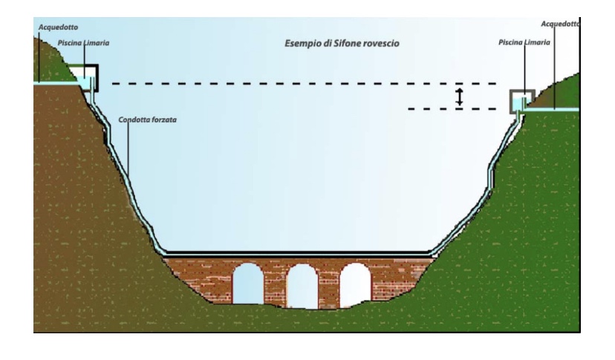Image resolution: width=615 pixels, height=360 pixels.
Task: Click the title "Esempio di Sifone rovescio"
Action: [342, 44]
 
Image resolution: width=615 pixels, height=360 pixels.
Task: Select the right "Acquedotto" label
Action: [561, 24]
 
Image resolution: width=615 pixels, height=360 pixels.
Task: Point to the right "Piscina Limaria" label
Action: [524, 44]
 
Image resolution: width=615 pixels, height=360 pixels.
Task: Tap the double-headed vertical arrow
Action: [460, 96]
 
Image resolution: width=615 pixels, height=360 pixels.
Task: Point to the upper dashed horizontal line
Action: [297, 84]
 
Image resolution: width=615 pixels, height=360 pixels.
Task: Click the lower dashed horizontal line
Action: [453, 109]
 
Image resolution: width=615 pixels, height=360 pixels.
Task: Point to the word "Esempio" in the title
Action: [304, 44]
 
